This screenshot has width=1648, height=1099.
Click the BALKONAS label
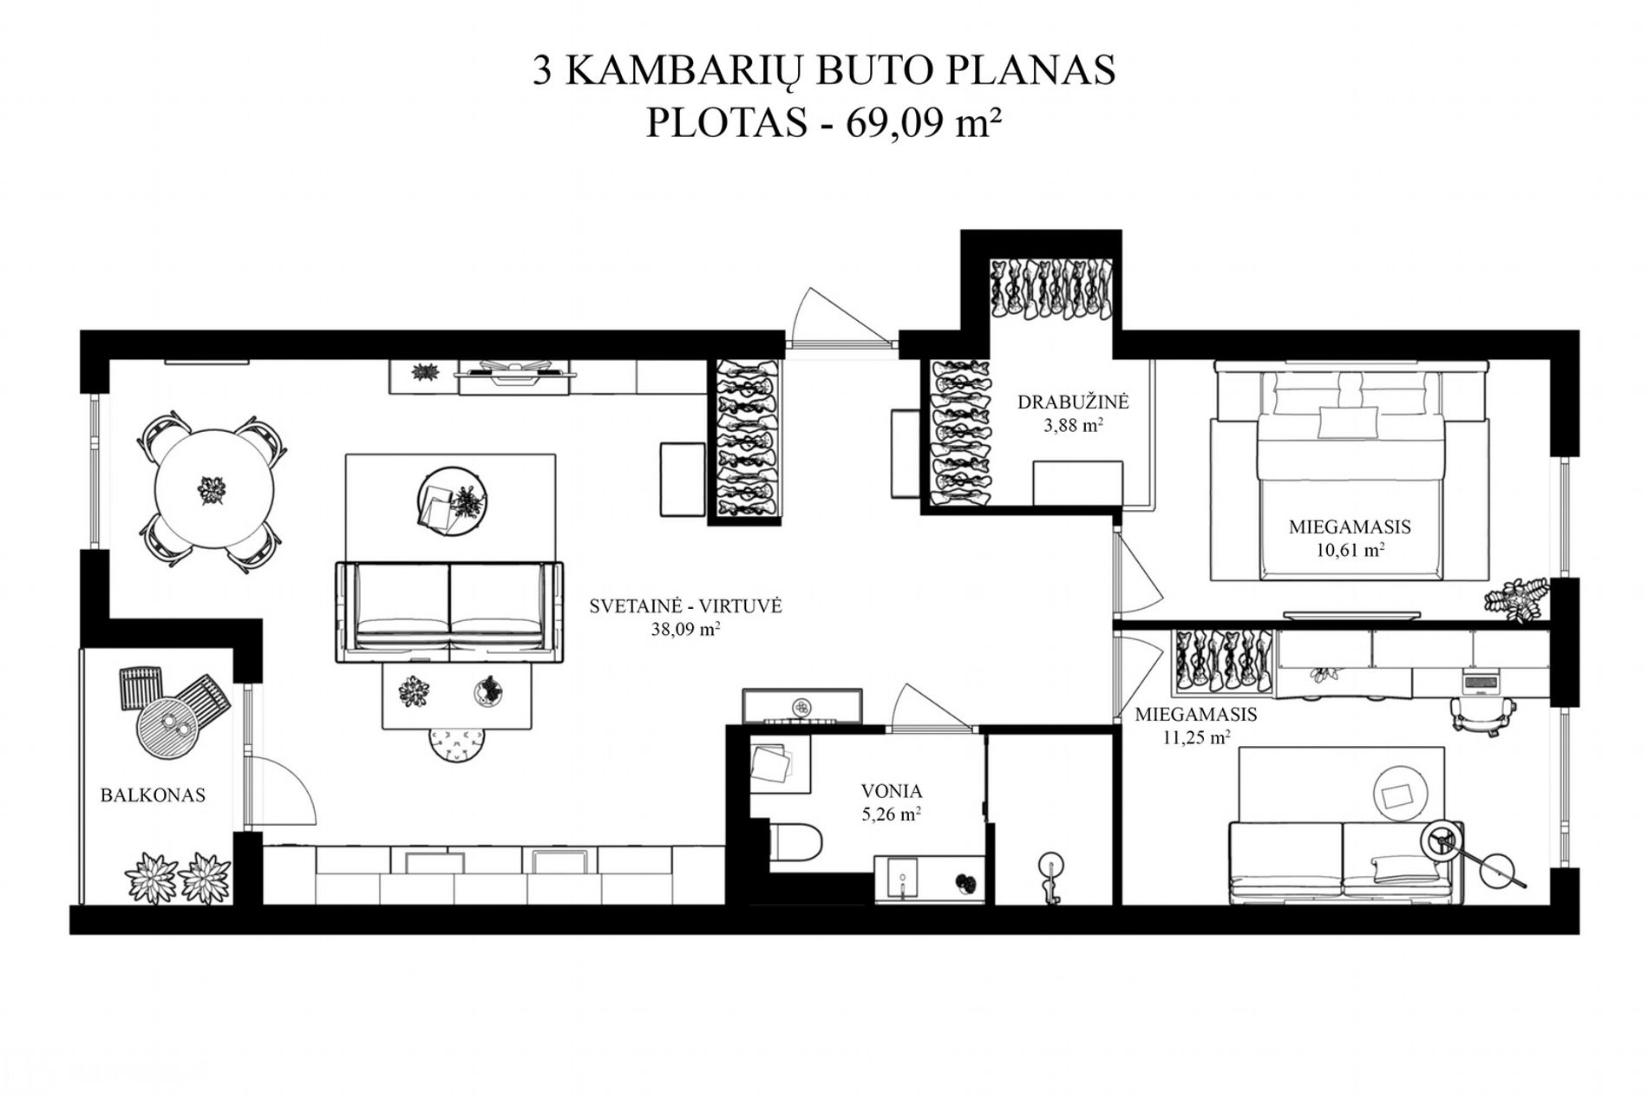click(x=153, y=795)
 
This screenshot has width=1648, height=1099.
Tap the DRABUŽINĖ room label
click(x=1073, y=402)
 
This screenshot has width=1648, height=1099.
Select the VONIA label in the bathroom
click(x=892, y=791)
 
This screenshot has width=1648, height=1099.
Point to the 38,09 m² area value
click(x=685, y=629)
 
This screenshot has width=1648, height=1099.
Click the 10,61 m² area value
click(x=1350, y=549)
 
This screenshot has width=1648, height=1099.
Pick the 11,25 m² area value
click(x=1196, y=738)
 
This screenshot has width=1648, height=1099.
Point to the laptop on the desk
click(x=1481, y=683)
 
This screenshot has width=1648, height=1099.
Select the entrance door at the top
click(x=840, y=317)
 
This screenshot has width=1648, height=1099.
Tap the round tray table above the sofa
click(x=453, y=505)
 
